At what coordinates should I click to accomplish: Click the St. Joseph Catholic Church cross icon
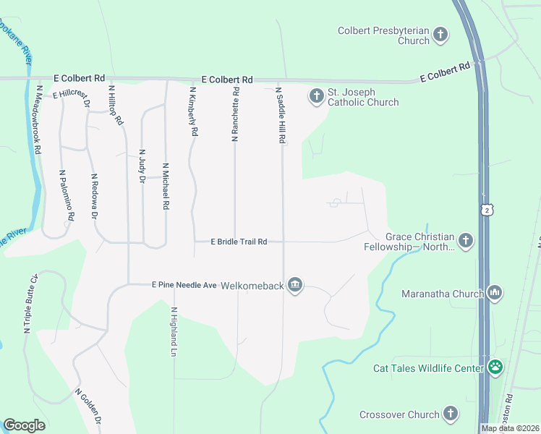(316, 95)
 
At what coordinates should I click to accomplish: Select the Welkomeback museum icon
(295, 286)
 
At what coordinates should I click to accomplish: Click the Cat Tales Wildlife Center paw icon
(495, 367)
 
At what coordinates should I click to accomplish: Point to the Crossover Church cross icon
(451, 414)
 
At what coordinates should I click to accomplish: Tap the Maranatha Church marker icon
(495, 293)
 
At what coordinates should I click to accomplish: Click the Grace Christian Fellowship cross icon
(466, 240)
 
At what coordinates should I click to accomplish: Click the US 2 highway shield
(488, 208)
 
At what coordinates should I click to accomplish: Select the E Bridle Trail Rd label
(239, 242)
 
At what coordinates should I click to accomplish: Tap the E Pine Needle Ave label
(184, 285)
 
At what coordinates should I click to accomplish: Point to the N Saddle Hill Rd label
(280, 116)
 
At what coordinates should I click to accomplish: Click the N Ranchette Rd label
(235, 114)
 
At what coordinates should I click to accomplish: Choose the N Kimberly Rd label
(193, 112)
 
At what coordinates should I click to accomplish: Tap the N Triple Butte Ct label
(30, 304)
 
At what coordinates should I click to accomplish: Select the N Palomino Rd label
(67, 195)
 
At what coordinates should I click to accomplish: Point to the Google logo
(24, 425)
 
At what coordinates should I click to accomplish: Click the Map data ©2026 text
(510, 428)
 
